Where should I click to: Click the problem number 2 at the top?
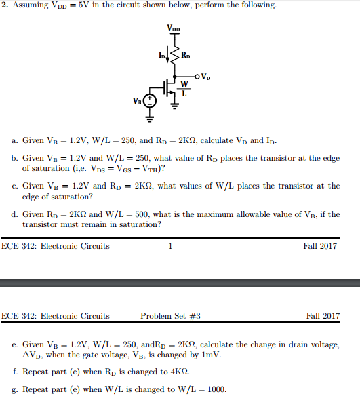4,5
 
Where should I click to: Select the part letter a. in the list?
15,140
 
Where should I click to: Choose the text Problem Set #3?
170,316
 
